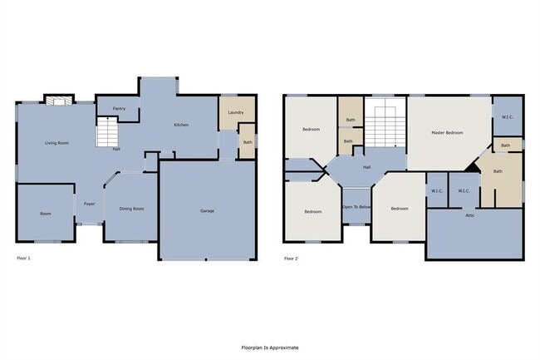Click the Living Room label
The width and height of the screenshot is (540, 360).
(x=56, y=144)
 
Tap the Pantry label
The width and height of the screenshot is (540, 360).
(x=120, y=108)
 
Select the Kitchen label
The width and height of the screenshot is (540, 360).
(x=180, y=125)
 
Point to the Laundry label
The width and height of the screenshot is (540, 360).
(x=235, y=112)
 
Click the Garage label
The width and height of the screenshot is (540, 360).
(x=207, y=210)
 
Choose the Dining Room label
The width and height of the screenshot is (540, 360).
(x=131, y=209)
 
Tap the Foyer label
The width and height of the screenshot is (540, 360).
(x=88, y=203)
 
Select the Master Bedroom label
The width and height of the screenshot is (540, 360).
(x=447, y=132)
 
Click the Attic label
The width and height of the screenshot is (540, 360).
(x=469, y=215)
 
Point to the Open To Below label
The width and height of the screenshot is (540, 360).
(x=356, y=207)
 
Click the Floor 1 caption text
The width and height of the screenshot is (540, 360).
(x=24, y=259)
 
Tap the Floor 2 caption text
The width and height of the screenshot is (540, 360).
(x=291, y=259)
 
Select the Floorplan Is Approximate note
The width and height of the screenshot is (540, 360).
(x=269, y=348)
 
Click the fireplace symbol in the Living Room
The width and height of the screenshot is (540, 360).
(x=56, y=101)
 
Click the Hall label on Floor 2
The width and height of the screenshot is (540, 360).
(x=366, y=167)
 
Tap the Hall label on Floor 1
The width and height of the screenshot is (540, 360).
(x=116, y=149)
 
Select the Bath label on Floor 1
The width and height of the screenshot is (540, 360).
(x=247, y=142)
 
